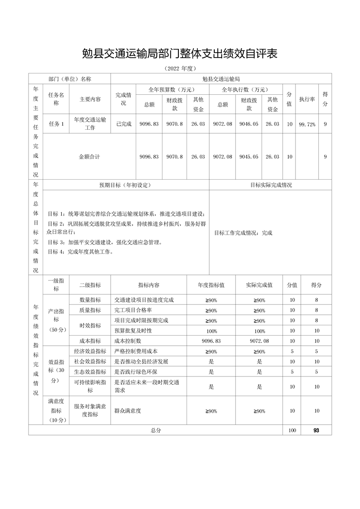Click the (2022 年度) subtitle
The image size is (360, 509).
[180, 69]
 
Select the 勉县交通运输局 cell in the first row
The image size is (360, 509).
[221, 79]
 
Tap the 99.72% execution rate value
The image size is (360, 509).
[307, 124]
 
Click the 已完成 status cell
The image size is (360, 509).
[123, 123]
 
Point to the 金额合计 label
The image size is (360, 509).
[89, 157]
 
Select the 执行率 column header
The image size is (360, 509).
[307, 99]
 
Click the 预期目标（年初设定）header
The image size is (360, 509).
[125, 185]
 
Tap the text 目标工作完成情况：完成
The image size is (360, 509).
[243, 233]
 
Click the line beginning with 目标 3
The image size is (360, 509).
[104, 242]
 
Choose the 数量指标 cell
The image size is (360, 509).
[90, 300]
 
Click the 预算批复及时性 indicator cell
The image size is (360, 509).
[133, 331]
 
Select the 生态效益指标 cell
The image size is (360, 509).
[90, 372]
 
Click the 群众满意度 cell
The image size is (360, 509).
[128, 411]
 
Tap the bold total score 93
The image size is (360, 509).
[316, 430]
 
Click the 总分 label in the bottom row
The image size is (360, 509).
[156, 430]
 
